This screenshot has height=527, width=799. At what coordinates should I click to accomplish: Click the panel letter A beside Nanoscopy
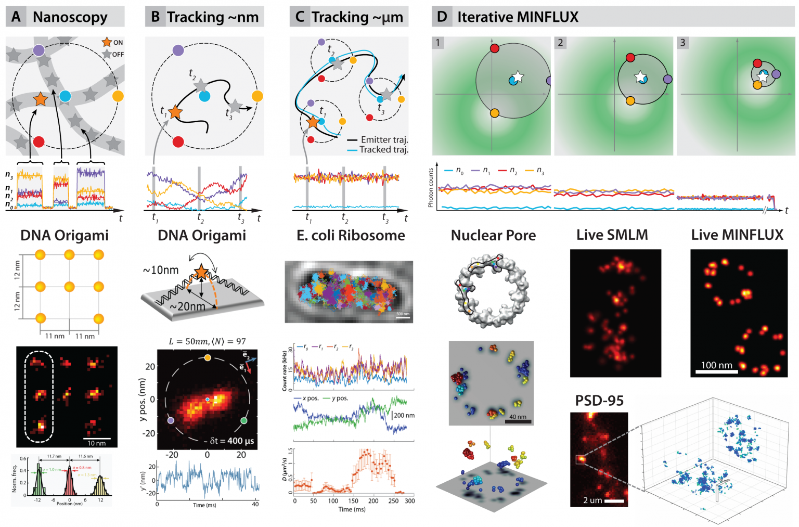tap(16, 17)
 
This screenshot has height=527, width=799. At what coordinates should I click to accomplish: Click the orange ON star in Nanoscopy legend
tap(107, 42)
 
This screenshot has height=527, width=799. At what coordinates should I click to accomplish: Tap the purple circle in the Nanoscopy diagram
tap(38, 50)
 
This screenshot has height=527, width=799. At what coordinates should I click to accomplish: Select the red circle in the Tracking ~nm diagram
tap(178, 142)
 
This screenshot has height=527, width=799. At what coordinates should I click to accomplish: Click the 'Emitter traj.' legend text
tap(384, 139)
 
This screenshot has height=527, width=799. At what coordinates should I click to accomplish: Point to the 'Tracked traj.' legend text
tap(383, 150)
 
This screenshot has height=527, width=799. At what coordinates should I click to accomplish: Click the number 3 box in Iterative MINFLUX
tap(683, 43)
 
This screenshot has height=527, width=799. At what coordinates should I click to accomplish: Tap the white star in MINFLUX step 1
tap(518, 76)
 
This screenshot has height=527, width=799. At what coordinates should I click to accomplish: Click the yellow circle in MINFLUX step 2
tap(630, 100)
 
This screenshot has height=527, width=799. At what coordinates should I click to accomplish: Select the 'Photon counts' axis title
tap(431, 188)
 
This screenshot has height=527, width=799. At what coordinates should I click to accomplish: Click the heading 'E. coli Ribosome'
tap(351, 236)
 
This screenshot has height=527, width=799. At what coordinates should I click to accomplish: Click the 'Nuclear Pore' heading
tap(493, 236)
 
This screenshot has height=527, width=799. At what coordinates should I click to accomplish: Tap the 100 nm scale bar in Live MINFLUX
tap(716, 371)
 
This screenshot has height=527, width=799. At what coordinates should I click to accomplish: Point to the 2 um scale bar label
tap(592, 500)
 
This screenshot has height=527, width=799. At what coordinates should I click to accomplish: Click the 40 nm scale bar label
tap(517, 417)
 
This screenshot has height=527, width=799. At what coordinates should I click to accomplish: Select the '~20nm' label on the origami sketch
tap(187, 306)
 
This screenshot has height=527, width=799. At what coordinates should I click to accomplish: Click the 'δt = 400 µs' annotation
tap(232, 441)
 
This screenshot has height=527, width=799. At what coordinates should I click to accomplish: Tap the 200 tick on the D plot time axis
tap(373, 501)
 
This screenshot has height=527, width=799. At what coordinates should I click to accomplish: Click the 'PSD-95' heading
tap(599, 401)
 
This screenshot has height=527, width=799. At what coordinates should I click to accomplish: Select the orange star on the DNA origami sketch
tap(201, 272)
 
